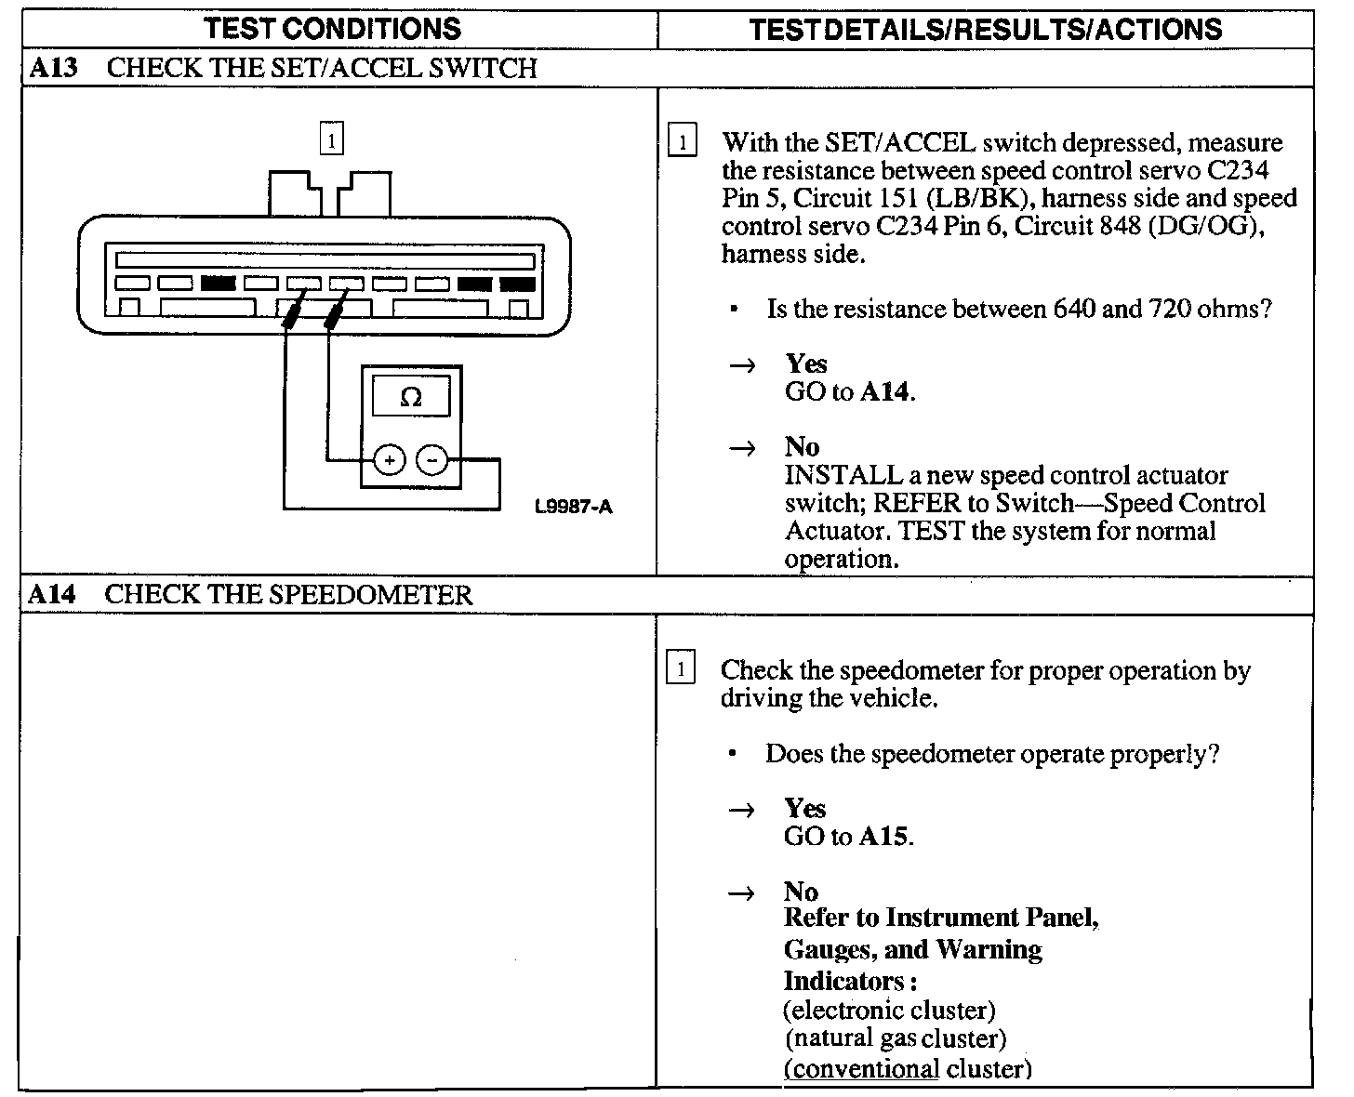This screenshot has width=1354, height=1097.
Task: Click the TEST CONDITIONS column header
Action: pos(332,29)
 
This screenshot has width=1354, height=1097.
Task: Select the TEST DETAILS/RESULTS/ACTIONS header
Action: pos(985,29)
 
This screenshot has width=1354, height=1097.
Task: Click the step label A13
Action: pos(52,68)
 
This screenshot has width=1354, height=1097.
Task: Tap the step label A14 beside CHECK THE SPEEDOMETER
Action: pos(51,594)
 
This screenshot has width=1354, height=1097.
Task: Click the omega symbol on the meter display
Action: pos(410,398)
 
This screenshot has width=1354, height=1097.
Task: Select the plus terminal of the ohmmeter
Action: pos(389,459)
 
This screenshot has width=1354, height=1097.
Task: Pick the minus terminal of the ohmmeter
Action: pos(431,459)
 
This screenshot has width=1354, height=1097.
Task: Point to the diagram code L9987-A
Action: pos(574,507)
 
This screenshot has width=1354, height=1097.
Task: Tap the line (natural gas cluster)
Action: pos(895,1038)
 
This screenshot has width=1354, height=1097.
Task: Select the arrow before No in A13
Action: pos(741,449)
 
